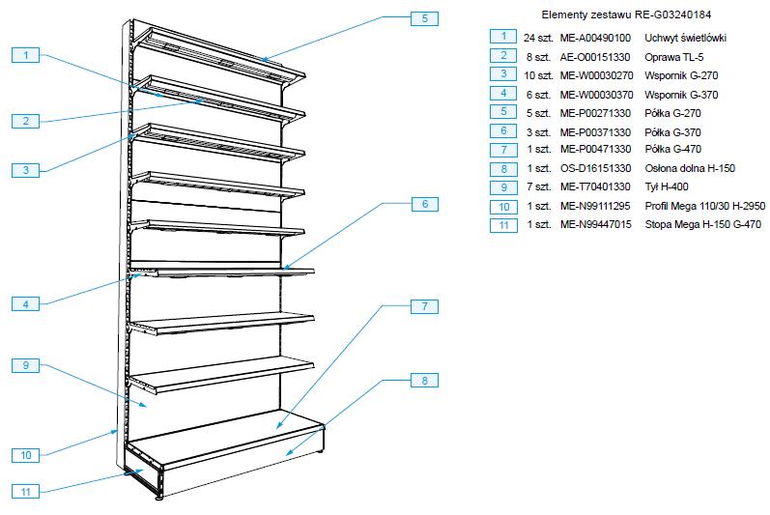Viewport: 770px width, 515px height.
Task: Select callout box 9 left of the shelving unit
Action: point(27,365)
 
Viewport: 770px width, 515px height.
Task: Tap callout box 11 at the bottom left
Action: point(27,491)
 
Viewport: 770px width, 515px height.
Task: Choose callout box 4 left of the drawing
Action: point(27,304)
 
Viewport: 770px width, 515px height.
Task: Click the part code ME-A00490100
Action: point(596,38)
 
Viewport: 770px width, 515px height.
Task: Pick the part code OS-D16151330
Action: point(596,168)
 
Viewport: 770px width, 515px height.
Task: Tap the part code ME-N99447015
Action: point(596,225)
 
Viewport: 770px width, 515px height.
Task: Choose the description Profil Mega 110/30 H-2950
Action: point(705,206)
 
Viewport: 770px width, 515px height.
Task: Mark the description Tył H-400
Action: point(667,187)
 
